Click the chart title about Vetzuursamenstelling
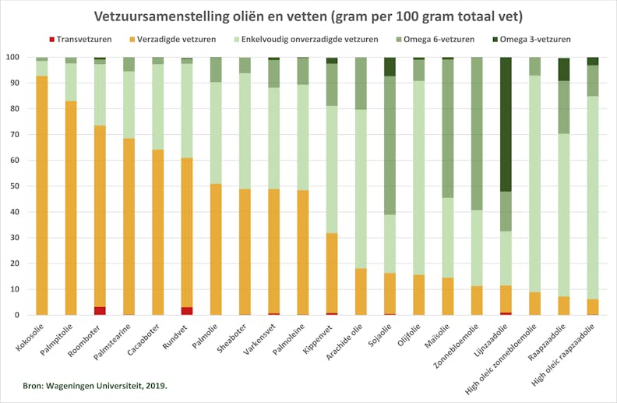(x=308, y=16)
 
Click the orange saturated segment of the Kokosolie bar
(x=42, y=195)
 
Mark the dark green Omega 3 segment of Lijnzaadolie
(x=506, y=125)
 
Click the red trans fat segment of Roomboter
(x=100, y=311)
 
